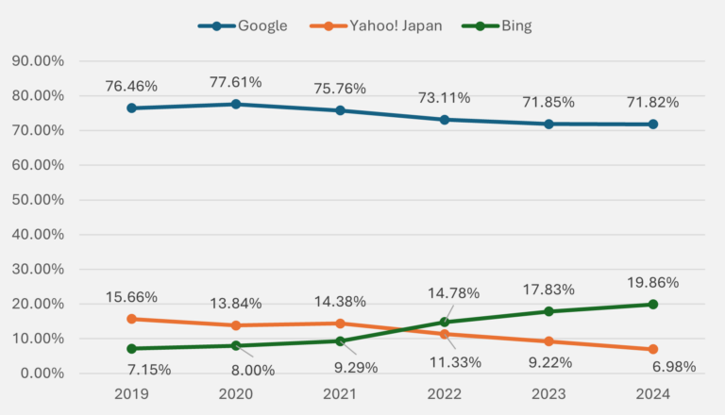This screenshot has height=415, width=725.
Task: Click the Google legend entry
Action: point(243,25)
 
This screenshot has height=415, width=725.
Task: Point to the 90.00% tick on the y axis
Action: point(37,61)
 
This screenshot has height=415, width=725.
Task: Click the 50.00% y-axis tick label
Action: point(37,200)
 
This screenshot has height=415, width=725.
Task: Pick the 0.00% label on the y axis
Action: point(41,373)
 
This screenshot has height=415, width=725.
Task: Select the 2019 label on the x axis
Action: point(131,394)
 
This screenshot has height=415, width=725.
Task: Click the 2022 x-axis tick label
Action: point(444,394)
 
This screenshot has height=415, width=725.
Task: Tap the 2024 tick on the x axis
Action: point(652,394)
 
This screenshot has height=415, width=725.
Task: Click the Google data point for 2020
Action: point(235,104)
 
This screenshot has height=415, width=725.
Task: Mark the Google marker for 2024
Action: point(652,124)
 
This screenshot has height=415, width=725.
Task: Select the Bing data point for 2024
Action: point(652,305)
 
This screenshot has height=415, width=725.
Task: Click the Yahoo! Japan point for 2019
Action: point(131,319)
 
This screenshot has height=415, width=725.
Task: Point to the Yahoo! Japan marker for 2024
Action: point(652,349)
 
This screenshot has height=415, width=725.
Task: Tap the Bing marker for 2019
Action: point(131,349)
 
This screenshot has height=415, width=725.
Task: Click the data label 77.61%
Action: point(235,82)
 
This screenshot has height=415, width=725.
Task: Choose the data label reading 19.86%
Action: point(652,281)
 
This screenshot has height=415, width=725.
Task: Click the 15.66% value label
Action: point(131,297)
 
